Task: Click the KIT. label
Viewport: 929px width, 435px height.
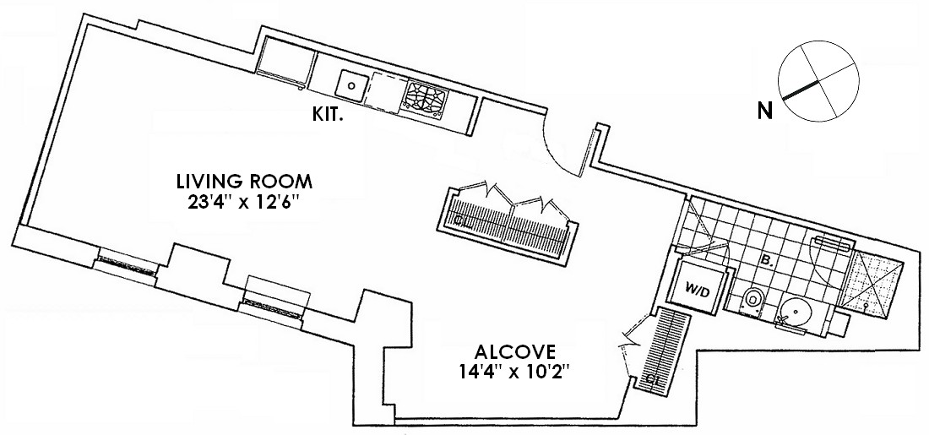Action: pyautogui.click(x=329, y=117)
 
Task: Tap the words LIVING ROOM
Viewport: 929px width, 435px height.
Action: pyautogui.click(x=245, y=180)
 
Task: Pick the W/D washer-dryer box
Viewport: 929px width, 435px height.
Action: pyautogui.click(x=698, y=287)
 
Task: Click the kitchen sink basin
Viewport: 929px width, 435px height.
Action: pyautogui.click(x=352, y=84)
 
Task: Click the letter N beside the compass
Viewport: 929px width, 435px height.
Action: pyautogui.click(x=765, y=111)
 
